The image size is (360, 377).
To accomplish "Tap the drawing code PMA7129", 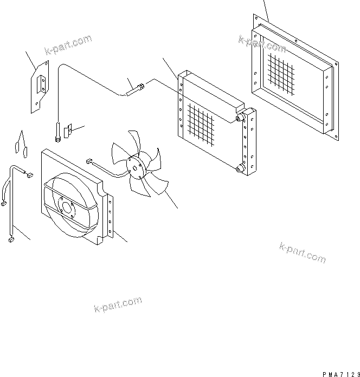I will [340, 374].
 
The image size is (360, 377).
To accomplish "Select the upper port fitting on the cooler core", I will [240, 118].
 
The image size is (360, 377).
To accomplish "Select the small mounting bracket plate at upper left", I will [39, 86].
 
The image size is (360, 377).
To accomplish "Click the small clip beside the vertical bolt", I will [67, 131].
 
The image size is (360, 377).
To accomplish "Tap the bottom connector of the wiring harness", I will [10, 239].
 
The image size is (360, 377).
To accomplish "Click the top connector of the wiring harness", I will [29, 175].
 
